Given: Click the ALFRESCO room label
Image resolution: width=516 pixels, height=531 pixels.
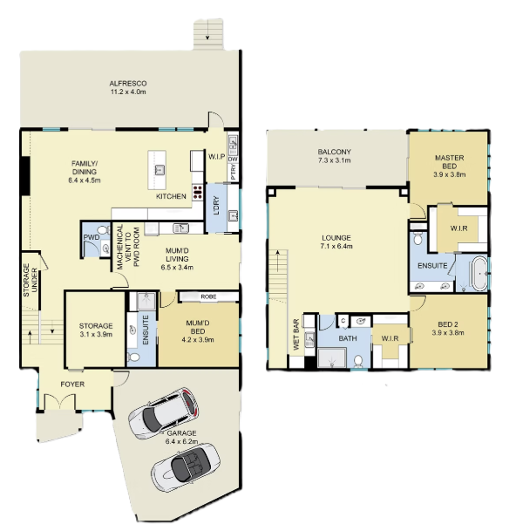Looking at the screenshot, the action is pyautogui.click(x=128, y=84).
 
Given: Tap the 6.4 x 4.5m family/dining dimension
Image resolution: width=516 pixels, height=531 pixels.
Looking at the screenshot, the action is pyautogui.click(x=85, y=180).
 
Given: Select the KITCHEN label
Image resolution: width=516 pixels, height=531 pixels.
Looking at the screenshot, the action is pyautogui.click(x=171, y=196).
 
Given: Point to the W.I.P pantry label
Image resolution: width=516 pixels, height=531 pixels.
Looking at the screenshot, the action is pyautogui.click(x=217, y=157).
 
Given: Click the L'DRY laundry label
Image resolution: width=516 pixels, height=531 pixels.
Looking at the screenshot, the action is pyautogui.click(x=217, y=205).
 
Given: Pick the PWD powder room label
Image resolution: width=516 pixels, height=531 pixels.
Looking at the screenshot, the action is pyautogui.click(x=92, y=237).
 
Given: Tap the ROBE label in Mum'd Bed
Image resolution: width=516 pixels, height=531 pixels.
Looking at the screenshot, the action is pyautogui.click(x=208, y=296).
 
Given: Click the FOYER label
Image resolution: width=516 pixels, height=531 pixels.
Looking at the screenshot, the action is pyautogui.click(x=72, y=385).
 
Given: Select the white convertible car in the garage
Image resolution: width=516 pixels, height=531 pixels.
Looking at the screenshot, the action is pyautogui.click(x=186, y=467).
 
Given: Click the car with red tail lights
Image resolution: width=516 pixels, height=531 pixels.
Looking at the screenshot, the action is pyautogui.click(x=164, y=413).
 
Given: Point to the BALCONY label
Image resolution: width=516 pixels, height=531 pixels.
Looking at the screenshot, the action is pyautogui.click(x=334, y=152).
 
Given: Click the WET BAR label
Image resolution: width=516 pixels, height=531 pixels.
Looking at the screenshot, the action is pyautogui.click(x=296, y=335).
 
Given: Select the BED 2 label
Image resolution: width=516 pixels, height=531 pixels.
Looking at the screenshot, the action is pyautogui.click(x=448, y=324).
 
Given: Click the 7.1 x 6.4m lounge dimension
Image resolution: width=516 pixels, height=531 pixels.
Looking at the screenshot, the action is pyautogui.click(x=336, y=246).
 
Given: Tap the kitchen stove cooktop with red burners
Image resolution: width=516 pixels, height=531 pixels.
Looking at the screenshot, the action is pyautogui.click(x=197, y=192).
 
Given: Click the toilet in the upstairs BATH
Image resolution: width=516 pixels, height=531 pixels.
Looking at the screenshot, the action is pyautogui.click(x=358, y=361).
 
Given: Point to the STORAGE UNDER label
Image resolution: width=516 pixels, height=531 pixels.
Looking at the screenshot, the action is pyautogui.click(x=31, y=280).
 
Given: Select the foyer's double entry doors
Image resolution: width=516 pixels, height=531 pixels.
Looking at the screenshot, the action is pyautogui.click(x=59, y=402).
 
